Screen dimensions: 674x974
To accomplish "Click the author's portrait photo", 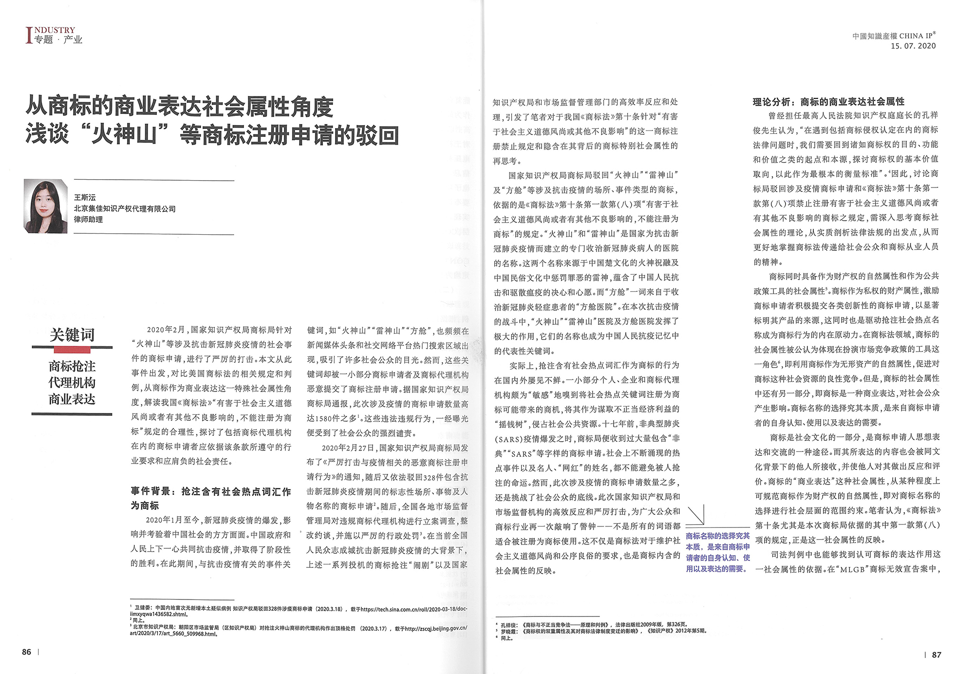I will (x=45, y=206).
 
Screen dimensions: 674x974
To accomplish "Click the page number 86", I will (x=26, y=652).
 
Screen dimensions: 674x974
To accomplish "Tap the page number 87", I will (x=937, y=655).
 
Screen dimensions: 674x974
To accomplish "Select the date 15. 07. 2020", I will (x=913, y=46).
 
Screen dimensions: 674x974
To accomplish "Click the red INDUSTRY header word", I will (x=55, y=30).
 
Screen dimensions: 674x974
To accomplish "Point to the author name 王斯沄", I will (x=85, y=197).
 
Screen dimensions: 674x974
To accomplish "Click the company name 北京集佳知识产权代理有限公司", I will (x=125, y=208).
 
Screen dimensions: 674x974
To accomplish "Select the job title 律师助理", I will (x=88, y=220).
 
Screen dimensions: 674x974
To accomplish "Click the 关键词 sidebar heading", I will (x=72, y=335).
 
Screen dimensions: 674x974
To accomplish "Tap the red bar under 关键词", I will (x=72, y=350).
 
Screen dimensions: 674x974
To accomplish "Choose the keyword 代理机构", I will (x=72, y=382).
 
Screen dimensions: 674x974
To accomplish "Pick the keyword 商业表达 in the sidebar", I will (x=72, y=399).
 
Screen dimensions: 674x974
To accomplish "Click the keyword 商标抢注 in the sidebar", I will (x=72, y=366).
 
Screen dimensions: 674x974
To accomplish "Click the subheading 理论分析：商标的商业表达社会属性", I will (x=828, y=102).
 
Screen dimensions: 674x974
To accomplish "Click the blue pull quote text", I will (x=717, y=552).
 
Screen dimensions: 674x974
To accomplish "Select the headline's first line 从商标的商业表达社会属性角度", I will (x=180, y=107).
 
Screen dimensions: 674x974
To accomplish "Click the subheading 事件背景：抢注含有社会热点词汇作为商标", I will (x=210, y=498).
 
